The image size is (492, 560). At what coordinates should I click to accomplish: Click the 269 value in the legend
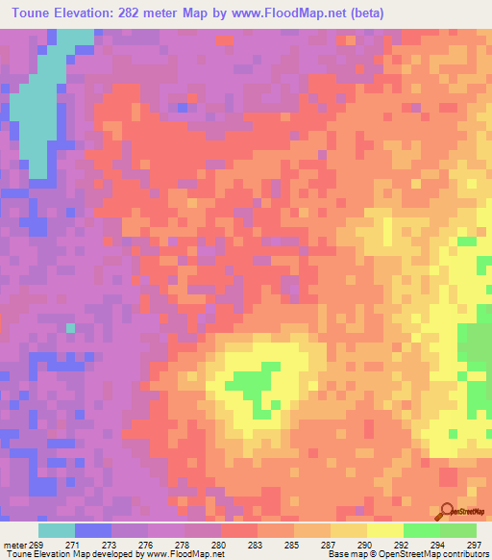pyautogui.click(x=37, y=544)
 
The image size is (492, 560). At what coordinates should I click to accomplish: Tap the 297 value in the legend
pyautogui.click(x=473, y=544)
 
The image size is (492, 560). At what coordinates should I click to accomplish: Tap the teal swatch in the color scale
pyautogui.click(x=57, y=530)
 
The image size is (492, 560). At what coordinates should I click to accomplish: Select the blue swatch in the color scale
pyautogui.click(x=93, y=530)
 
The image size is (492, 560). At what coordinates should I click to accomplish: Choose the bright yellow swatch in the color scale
pyautogui.click(x=385, y=530)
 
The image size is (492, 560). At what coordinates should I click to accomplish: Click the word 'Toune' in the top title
pyautogui.click(x=29, y=13)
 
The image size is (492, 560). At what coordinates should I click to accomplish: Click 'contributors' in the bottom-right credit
pyautogui.click(x=462, y=554)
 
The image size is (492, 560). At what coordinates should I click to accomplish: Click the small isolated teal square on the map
pyautogui.click(x=70, y=328)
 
